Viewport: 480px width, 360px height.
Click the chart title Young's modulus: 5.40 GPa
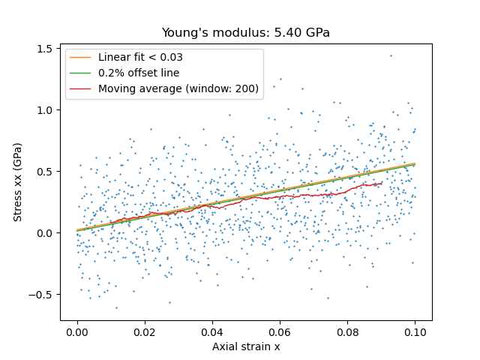(x=246, y=33)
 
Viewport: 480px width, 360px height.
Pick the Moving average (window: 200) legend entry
(x=178, y=88)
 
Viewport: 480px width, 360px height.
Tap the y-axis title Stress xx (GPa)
(x=17, y=181)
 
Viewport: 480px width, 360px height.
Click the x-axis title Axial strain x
(x=246, y=346)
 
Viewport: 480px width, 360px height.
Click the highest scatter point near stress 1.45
(x=390, y=55)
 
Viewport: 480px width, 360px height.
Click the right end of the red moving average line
(x=382, y=183)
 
